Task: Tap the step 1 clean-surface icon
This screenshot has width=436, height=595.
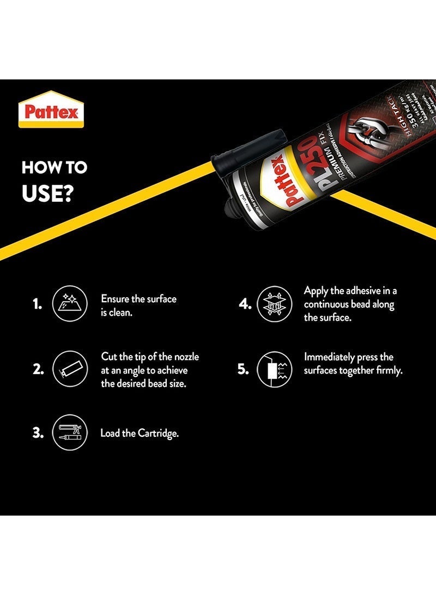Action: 69,304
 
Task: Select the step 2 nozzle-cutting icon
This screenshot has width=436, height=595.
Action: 69,370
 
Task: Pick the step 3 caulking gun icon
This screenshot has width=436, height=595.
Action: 69,433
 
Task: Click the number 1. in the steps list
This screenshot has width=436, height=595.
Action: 37,304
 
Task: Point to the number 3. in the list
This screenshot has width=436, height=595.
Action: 37,433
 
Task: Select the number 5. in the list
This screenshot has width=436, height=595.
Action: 243,370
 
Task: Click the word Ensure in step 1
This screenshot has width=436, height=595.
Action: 114,299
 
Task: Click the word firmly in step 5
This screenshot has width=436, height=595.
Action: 389,371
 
